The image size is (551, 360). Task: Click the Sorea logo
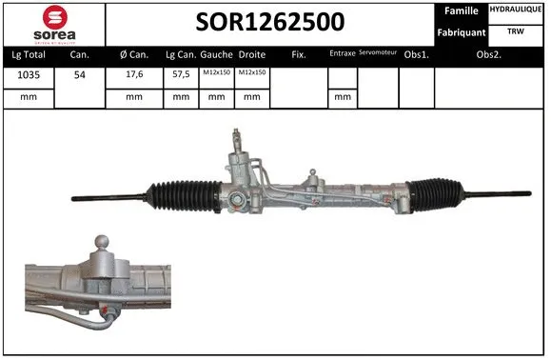pos(53,23)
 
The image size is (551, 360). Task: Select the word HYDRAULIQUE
pos(517,10)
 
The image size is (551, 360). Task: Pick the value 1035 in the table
pos(28,75)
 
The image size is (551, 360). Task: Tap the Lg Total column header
pos(28,54)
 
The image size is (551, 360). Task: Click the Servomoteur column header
pos(378,53)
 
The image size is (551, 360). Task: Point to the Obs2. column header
pos(489,54)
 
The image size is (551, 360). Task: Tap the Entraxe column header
pos(342,54)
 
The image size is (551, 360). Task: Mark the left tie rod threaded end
pos(95,198)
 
